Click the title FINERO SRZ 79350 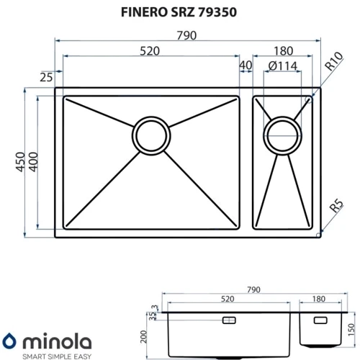179,12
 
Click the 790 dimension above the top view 186,35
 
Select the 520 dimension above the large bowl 150,51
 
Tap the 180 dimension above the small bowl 284,51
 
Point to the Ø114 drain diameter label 283,66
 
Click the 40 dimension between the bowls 246,65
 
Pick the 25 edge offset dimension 46,77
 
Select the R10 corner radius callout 333,61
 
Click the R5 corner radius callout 336,206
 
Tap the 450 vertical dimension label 20,162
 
